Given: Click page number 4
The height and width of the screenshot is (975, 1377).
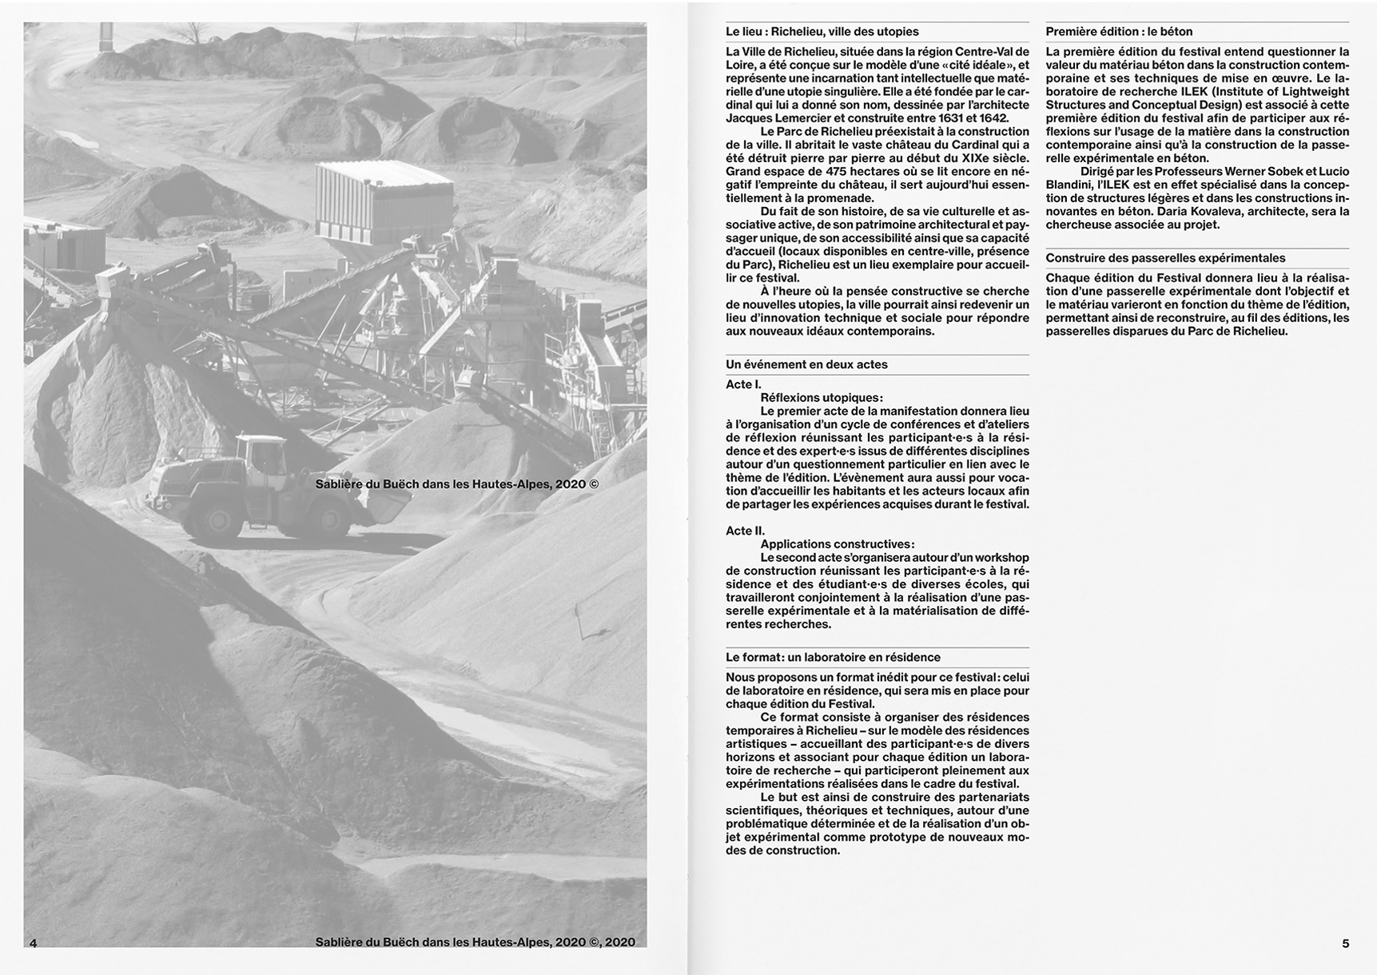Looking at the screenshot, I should pyautogui.click(x=33, y=943).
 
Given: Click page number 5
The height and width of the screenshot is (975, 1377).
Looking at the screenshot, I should pyautogui.click(x=1346, y=943).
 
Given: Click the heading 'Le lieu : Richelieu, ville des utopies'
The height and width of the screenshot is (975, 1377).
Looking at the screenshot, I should pyautogui.click(x=822, y=32).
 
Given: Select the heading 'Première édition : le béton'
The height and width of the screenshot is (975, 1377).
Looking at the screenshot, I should pyautogui.click(x=1119, y=32).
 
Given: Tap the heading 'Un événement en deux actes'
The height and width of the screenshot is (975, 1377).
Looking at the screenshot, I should pyautogui.click(x=806, y=364).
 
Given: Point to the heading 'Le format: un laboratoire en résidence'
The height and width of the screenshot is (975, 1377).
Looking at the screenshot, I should pyautogui.click(x=833, y=657).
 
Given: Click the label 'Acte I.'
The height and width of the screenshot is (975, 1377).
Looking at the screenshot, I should pyautogui.click(x=743, y=384).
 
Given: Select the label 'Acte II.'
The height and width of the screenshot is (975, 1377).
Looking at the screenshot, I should pyautogui.click(x=745, y=531).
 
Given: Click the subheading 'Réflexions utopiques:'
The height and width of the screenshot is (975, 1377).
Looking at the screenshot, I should pyautogui.click(x=822, y=398).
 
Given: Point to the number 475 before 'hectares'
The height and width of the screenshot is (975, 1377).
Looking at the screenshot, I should pyautogui.click(x=837, y=171).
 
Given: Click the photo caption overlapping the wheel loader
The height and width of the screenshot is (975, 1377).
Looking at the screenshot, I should pyautogui.click(x=456, y=484).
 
